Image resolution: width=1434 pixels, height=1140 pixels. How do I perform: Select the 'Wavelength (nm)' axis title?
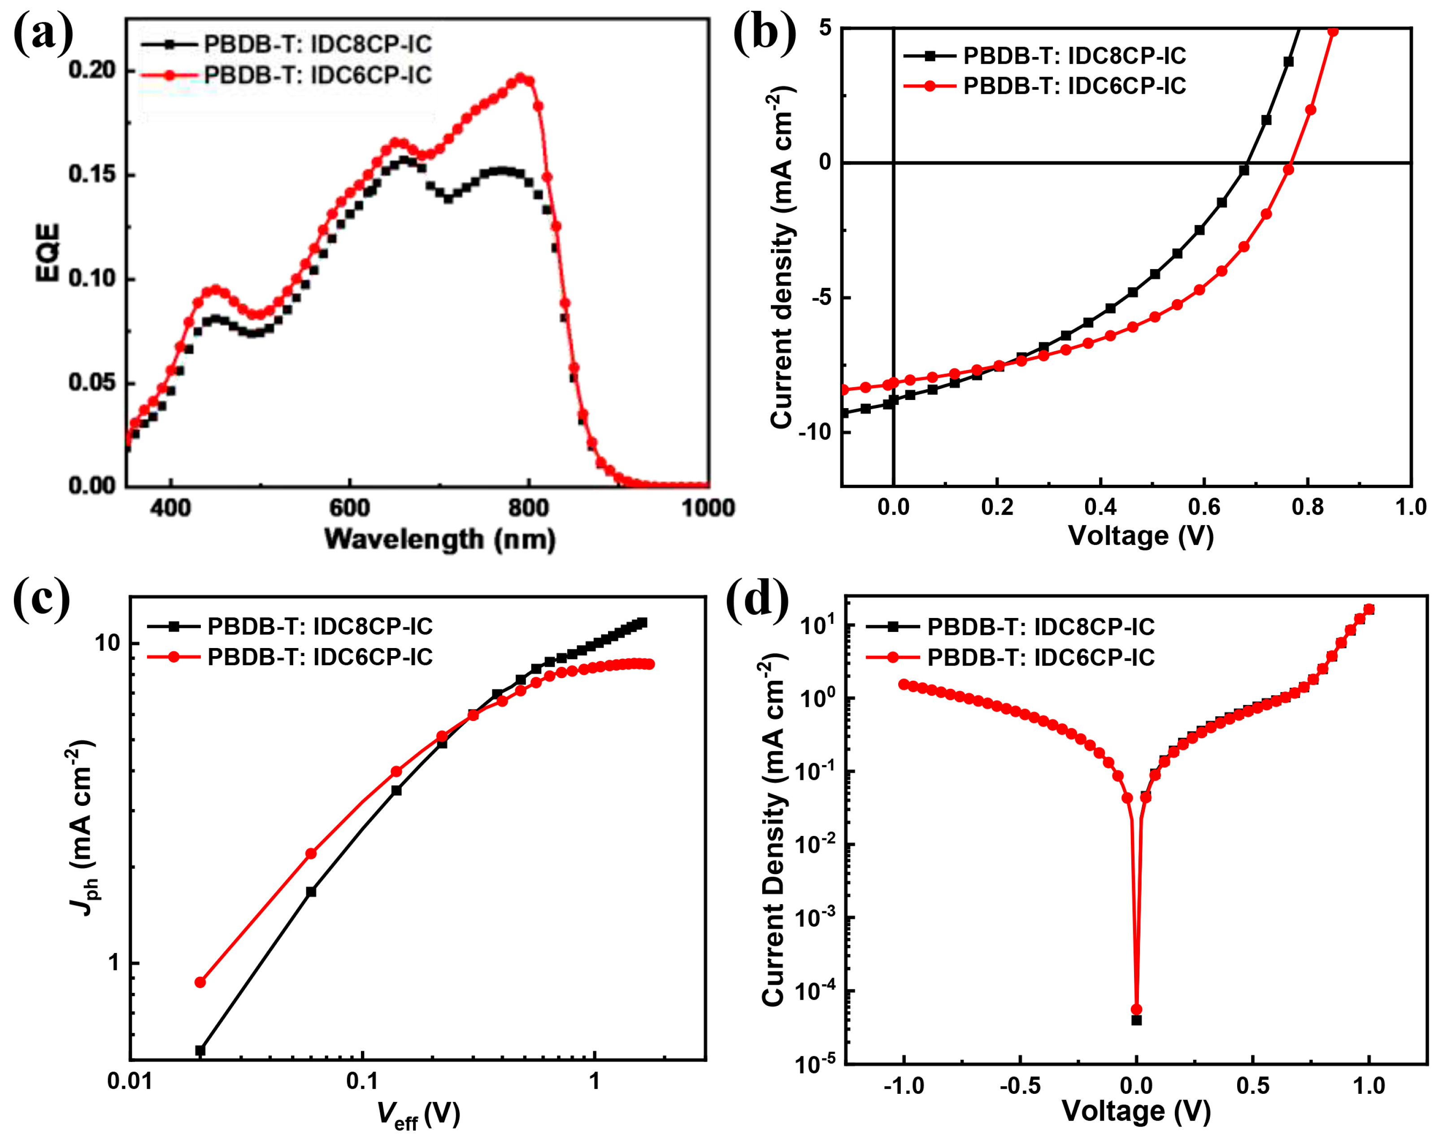(x=439, y=539)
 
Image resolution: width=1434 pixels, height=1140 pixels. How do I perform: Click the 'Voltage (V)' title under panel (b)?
(x=1141, y=535)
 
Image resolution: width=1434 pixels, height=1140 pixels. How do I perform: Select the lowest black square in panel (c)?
(x=200, y=1051)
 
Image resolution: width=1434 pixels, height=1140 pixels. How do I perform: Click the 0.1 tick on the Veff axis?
(x=362, y=1081)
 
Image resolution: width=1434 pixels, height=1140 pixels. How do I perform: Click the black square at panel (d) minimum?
(x=1137, y=1020)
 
